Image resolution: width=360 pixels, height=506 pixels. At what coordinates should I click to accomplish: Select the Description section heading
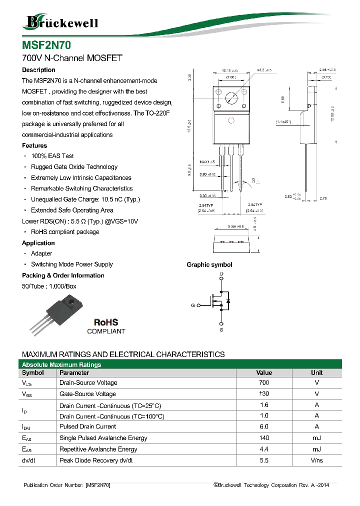(38, 70)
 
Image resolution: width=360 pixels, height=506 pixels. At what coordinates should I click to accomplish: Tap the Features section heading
(34, 145)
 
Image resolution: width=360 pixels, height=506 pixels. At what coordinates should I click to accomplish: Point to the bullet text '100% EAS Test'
(52, 156)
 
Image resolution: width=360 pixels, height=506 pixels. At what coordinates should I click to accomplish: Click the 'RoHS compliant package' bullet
(65, 232)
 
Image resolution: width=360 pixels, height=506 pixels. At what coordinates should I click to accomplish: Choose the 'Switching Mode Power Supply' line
(72, 264)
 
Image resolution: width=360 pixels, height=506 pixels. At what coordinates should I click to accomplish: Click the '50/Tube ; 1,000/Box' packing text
(49, 286)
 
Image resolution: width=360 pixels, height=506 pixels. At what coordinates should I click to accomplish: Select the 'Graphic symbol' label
(209, 265)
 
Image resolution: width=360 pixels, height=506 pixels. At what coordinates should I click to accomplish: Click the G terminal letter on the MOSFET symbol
(192, 305)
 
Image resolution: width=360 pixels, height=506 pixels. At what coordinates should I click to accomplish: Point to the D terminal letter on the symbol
(221, 274)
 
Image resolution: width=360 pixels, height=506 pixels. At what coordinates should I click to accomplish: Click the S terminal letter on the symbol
(221, 330)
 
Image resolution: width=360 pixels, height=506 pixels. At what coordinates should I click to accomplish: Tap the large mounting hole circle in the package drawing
(231, 98)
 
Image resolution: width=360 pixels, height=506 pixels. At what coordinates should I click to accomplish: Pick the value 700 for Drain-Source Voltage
(263, 382)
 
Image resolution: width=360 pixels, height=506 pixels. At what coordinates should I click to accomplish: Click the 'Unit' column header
(316, 373)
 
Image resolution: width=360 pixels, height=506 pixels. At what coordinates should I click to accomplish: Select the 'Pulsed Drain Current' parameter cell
(87, 426)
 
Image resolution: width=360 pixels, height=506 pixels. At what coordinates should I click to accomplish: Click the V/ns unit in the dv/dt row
(316, 459)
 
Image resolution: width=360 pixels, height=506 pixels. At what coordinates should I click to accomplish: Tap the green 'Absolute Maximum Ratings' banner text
(61, 364)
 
